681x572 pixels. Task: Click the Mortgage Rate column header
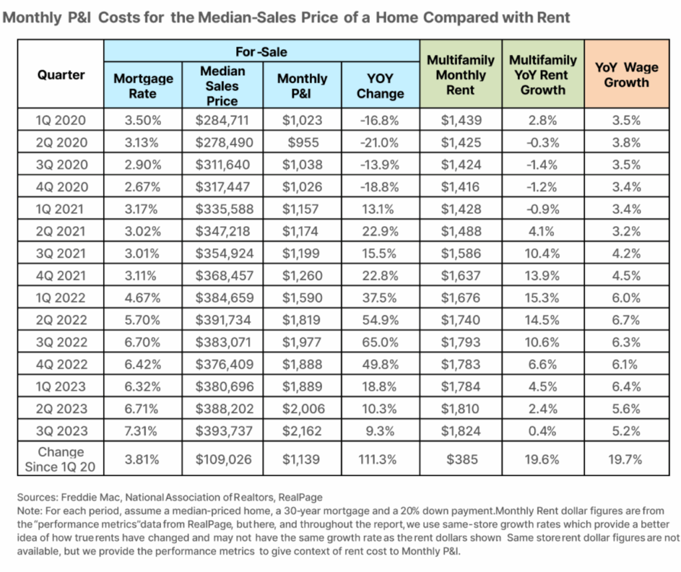[x=143, y=86]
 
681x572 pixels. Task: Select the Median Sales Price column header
[x=222, y=86]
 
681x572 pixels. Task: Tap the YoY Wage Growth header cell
[x=626, y=75]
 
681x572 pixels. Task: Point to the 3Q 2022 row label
[x=61, y=343]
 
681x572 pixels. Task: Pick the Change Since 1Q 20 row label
[x=61, y=459]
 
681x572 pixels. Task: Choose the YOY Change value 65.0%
[x=380, y=343]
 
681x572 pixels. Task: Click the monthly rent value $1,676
[x=460, y=298]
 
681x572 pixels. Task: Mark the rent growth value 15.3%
[x=543, y=298]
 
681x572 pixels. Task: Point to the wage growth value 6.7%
[x=626, y=321]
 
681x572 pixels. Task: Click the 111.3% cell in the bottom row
[x=380, y=459]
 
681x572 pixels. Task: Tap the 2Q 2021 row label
[x=61, y=231]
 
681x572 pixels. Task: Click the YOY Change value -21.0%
[x=380, y=142]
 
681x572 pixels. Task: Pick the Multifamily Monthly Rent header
[x=460, y=75]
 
